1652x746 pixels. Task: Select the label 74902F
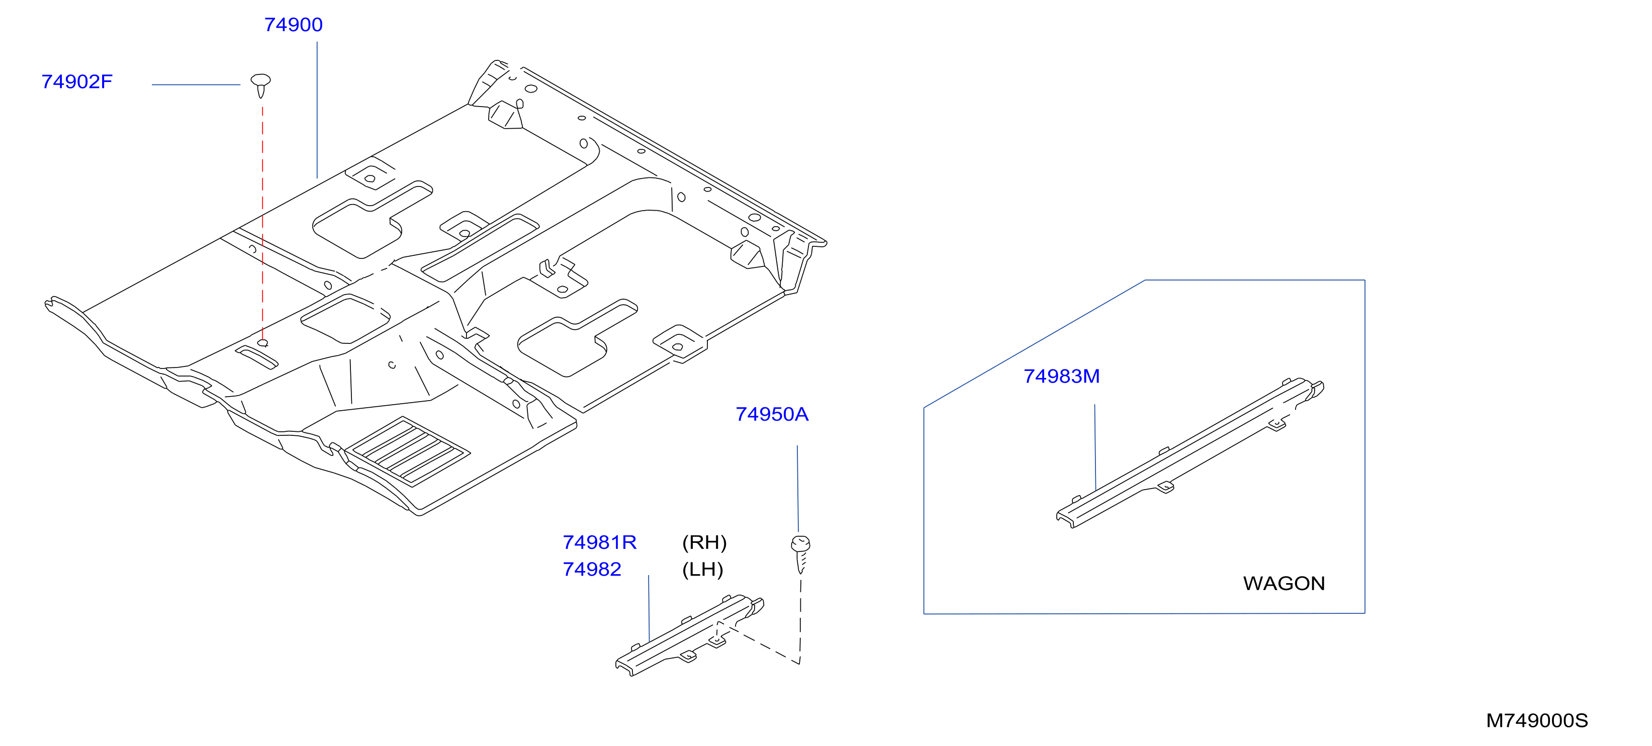[77, 82]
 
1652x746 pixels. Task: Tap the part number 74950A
[772, 414]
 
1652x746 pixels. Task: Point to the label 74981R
[600, 543]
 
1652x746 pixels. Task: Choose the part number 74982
[592, 570]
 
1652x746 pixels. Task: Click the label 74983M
[1061, 377]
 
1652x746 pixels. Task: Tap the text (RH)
[704, 543]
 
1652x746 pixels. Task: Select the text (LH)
[702, 570]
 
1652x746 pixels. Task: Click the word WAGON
[1284, 584]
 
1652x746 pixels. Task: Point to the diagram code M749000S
[1536, 721]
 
